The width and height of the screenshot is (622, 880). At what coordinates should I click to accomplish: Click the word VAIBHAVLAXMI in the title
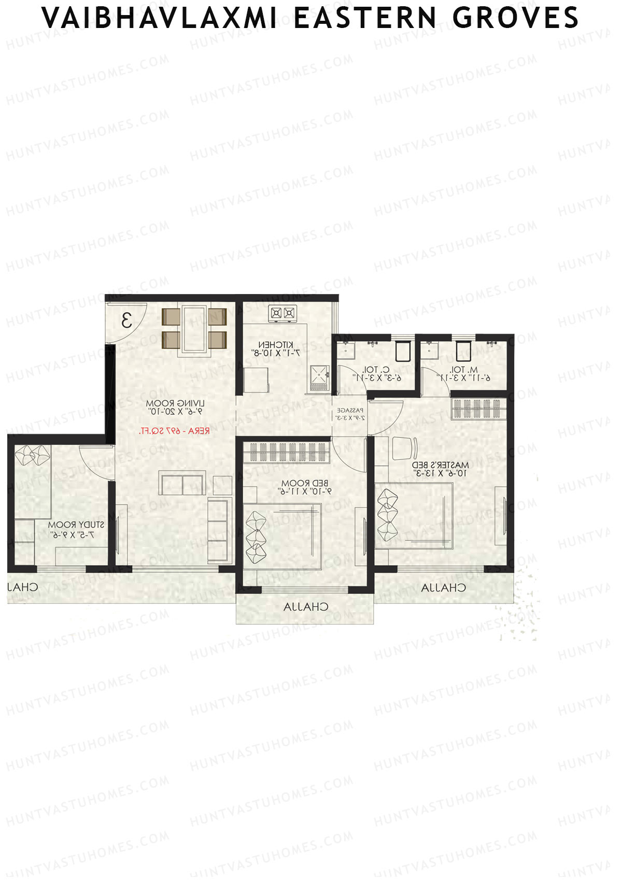pyautogui.click(x=159, y=18)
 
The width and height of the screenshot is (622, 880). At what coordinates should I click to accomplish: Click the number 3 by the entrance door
pyautogui.click(x=126, y=320)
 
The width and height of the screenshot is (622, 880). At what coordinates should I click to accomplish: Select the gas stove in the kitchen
pyautogui.click(x=282, y=313)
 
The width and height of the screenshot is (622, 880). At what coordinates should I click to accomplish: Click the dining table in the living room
pyautogui.click(x=194, y=325)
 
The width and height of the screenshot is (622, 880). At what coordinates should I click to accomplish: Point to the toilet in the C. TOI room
pyautogui.click(x=403, y=351)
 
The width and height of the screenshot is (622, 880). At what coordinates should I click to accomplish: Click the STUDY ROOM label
pyautogui.click(x=76, y=525)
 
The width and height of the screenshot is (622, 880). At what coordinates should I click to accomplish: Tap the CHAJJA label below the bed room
pyautogui.click(x=306, y=607)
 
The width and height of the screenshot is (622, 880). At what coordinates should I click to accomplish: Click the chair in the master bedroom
pyautogui.click(x=404, y=448)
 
